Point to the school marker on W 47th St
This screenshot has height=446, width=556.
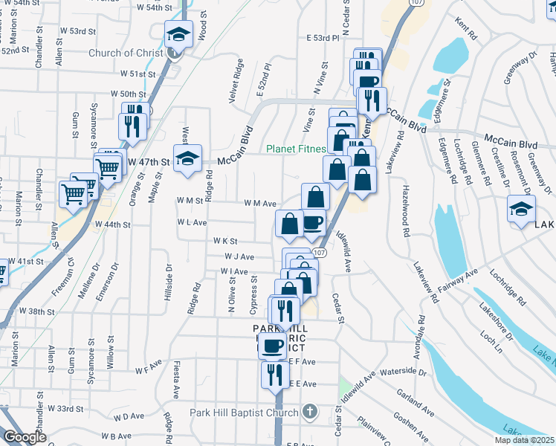188,158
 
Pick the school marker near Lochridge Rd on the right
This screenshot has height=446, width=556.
521,209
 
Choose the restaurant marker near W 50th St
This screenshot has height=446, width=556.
134,125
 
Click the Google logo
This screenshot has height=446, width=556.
25,437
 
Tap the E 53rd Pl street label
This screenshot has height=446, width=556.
323,37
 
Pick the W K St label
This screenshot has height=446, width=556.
224,241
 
